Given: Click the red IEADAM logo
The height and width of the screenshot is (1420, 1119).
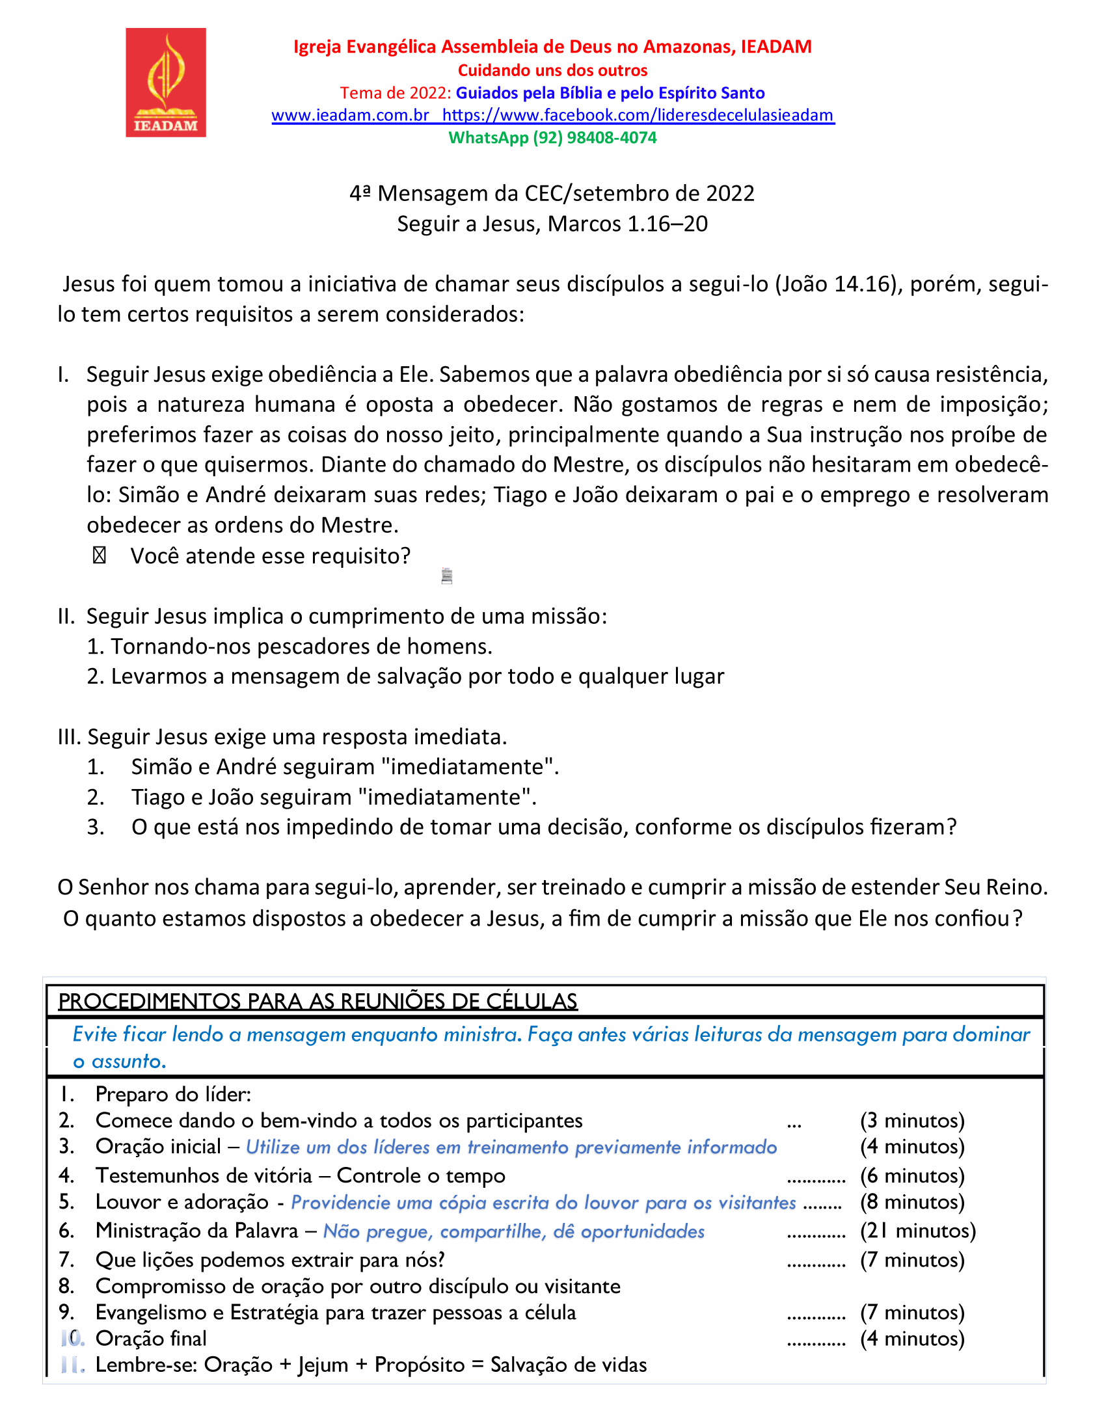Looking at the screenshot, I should tap(166, 83).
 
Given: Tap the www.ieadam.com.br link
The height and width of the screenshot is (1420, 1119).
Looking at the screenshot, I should tap(351, 115).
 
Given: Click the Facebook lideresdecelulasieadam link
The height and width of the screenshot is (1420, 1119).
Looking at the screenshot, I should tap(638, 115).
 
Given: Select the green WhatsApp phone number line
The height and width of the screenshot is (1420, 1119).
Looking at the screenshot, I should tap(552, 137).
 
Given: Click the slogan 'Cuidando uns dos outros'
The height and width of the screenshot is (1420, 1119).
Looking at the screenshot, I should tap(552, 70).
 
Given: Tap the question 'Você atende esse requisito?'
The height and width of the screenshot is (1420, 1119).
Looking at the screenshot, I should tap(271, 556).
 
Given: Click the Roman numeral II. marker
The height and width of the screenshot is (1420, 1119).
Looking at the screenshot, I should tap(66, 617).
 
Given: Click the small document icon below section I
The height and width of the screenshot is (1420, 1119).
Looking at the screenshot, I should tap(447, 576).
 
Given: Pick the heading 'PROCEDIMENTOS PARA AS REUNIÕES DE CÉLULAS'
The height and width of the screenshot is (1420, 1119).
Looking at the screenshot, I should tap(317, 1001).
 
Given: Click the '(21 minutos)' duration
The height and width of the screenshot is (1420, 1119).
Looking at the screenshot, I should tap(918, 1231).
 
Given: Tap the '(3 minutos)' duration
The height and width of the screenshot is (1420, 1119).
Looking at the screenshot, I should tap(912, 1121).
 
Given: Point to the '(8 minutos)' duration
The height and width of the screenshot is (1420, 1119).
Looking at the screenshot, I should tap(912, 1202).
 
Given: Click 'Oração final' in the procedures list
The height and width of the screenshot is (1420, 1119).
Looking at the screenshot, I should tap(152, 1338).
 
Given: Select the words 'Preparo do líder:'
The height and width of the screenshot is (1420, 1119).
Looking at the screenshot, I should tap(174, 1095).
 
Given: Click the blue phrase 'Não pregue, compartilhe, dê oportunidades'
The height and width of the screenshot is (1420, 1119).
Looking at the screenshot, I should tap(514, 1231).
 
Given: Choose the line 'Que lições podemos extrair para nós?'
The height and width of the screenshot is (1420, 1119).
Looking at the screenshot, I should tap(270, 1259).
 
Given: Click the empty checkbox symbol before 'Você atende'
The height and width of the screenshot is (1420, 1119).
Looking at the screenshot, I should tap(100, 556).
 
